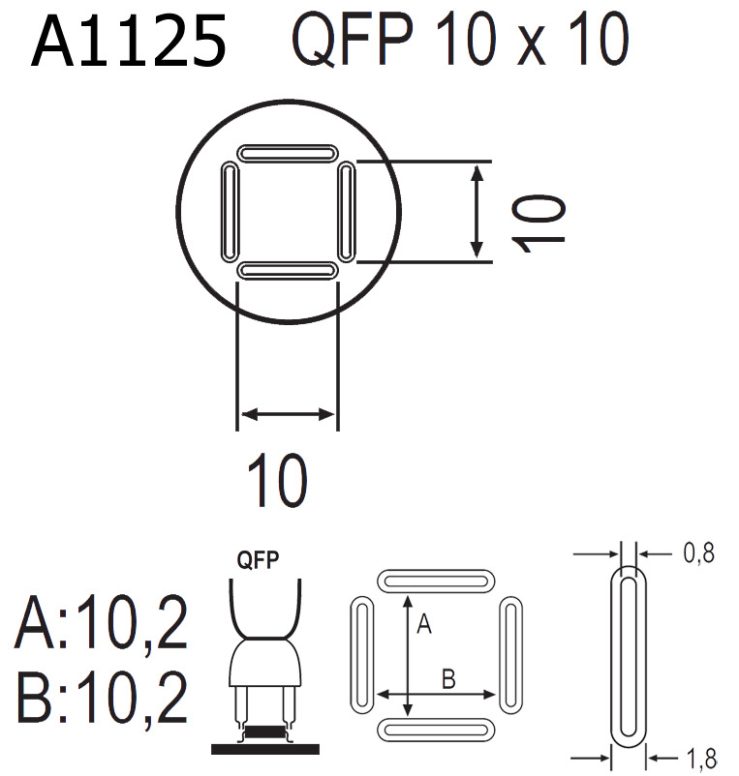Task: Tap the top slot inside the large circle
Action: click(x=288, y=154)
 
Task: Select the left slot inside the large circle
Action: click(x=230, y=211)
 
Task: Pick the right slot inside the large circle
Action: click(x=347, y=211)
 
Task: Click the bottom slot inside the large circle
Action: click(x=288, y=270)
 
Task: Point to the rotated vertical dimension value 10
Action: click(x=539, y=221)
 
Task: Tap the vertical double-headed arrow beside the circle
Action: click(x=476, y=212)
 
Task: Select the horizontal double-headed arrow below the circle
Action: click(x=288, y=415)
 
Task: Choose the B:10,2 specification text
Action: click(x=102, y=700)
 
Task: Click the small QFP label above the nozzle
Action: click(x=259, y=560)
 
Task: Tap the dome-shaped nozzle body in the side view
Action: click(x=265, y=663)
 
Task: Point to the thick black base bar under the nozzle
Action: click(x=265, y=748)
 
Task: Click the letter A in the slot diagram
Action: click(x=423, y=626)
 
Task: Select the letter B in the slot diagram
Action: click(x=447, y=678)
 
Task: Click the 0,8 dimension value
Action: click(x=697, y=553)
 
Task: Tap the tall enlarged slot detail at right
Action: click(x=629, y=656)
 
